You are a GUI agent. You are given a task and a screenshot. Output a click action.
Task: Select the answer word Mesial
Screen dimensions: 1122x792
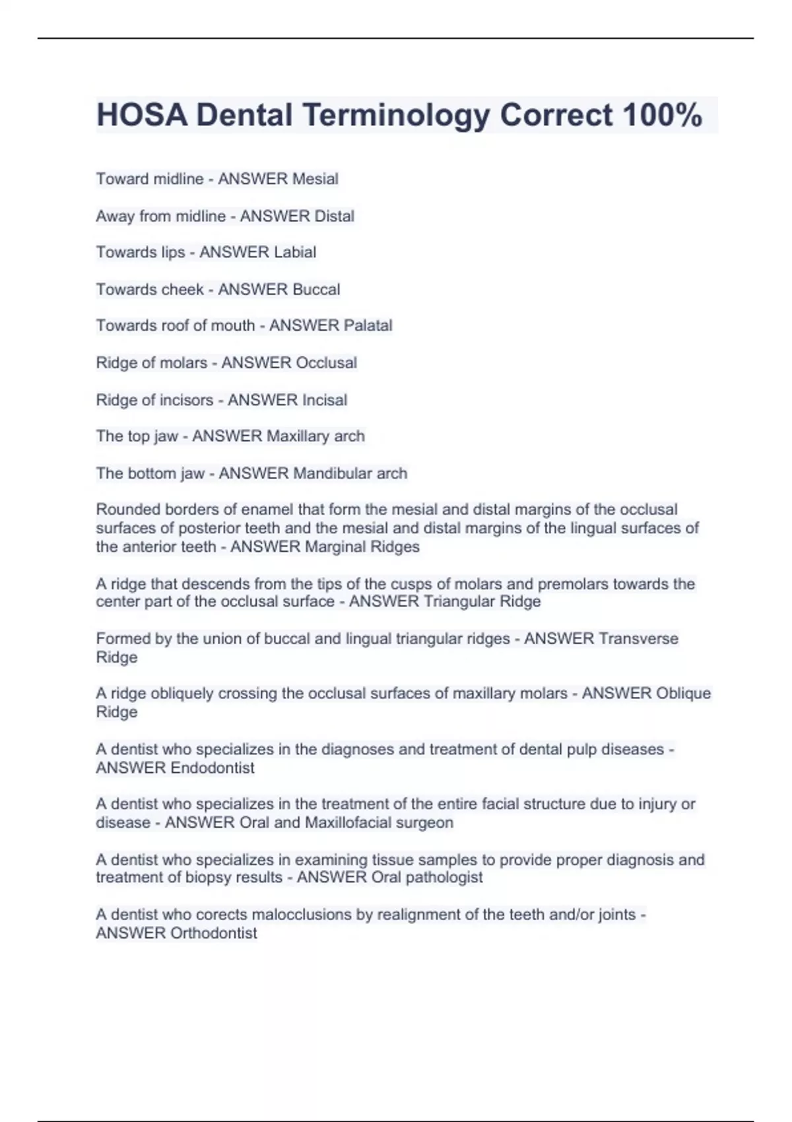315,179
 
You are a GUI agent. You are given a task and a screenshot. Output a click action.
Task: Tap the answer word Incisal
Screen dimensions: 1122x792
324,400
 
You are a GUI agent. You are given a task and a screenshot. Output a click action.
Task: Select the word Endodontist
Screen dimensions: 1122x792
212,768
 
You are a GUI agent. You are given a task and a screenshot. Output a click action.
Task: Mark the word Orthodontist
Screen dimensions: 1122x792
213,933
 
